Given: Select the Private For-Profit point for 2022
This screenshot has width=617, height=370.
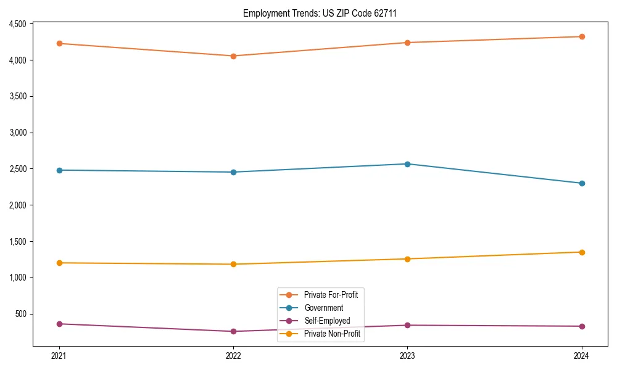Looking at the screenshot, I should (x=233, y=56).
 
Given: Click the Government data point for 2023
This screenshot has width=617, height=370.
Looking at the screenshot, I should (x=407, y=164).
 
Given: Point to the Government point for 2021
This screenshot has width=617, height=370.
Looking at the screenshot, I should (x=59, y=170).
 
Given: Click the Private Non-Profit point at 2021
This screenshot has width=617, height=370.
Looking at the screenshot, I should (x=59, y=263).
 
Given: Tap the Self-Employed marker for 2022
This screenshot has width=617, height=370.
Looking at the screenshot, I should (x=233, y=332).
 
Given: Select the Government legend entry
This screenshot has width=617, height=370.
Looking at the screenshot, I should (x=323, y=308).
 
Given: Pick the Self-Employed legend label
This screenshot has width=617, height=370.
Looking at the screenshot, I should (x=327, y=321).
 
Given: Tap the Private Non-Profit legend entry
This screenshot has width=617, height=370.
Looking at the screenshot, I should (x=332, y=334).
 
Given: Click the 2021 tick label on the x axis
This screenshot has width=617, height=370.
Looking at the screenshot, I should (x=59, y=356).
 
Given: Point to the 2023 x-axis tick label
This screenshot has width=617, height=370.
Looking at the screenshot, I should (x=407, y=356).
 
